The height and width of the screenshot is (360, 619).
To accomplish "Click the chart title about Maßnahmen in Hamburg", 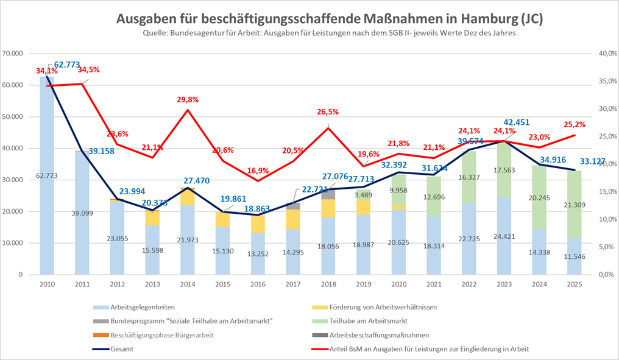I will pos(329,19).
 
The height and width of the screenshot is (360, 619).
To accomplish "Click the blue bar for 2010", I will pos(47,183).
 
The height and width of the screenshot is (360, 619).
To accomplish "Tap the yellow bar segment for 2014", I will pos(187,197).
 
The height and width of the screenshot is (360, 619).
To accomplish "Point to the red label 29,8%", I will pos(187,99).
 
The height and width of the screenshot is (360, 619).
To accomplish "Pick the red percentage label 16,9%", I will pos(258,171).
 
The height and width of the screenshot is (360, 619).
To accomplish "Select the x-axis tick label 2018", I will pos(328,284).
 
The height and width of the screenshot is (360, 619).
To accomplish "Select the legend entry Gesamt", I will pos(122,348).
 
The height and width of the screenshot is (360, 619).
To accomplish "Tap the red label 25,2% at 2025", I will pos(574,125).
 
